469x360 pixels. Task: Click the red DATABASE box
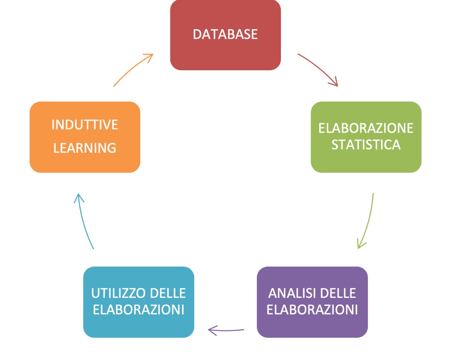pos(225,35)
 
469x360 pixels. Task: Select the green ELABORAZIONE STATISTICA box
pos(366,137)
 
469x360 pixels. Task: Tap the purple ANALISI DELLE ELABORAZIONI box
pos(312,302)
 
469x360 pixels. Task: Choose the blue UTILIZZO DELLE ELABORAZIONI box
pos(139,302)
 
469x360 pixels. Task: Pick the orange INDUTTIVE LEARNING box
pos(85,137)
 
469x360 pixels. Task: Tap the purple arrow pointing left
pos(226,330)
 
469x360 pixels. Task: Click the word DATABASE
pos(225,35)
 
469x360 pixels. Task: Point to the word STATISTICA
pos(366,145)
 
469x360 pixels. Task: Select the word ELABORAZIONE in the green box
pos(366,128)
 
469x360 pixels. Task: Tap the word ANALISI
pos(289,293)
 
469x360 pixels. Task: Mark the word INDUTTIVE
pos(85,125)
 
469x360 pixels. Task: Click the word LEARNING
pos(85,148)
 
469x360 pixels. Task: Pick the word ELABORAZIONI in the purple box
pos(312,310)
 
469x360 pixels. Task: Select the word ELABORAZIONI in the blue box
pos(139,310)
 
